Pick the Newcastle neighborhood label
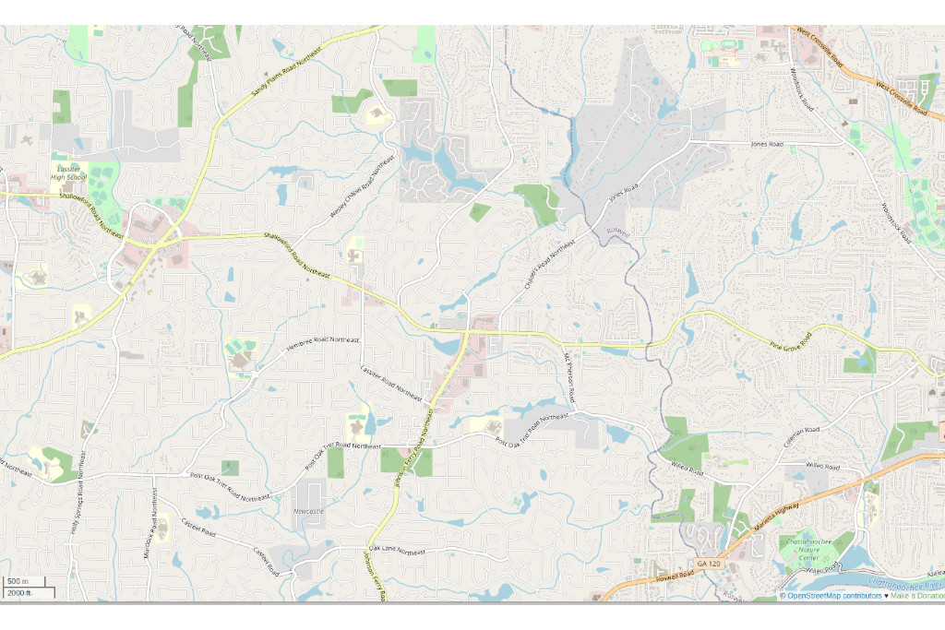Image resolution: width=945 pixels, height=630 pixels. (308, 510)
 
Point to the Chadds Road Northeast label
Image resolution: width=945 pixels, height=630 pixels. (549, 266)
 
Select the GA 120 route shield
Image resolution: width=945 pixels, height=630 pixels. (708, 563)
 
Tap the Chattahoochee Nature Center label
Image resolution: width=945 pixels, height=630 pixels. (807, 550)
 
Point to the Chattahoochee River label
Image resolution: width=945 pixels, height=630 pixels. (908, 586)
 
